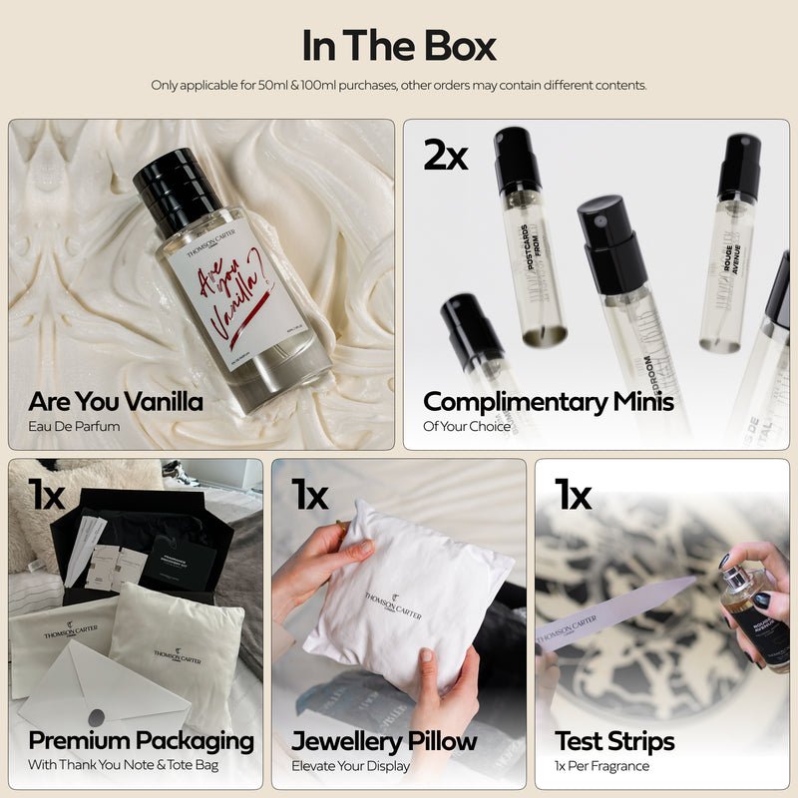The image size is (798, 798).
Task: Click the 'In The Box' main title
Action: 399,46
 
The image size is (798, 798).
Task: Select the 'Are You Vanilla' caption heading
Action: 116,402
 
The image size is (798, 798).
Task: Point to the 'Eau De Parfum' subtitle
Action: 75,427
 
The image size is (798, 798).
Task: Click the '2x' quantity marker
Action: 445,154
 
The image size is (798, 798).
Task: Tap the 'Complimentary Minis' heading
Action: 549,402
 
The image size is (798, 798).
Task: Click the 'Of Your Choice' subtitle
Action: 467,427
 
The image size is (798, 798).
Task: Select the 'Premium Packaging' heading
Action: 141,741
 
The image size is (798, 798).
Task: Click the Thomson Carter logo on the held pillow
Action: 392,603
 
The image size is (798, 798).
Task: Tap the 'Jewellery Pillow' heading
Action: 384,741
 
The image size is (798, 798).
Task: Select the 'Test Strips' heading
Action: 614,741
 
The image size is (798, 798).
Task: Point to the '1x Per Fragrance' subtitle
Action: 601,766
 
